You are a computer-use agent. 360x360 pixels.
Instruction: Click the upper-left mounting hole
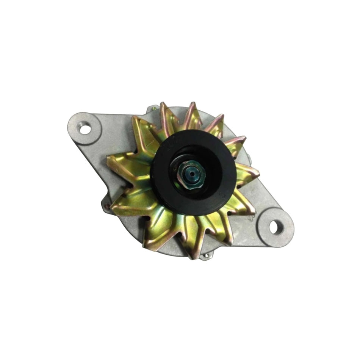click(x=85, y=129)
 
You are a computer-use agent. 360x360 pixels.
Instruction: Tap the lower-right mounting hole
click(x=274, y=227)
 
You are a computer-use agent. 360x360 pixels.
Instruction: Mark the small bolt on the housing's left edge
click(x=107, y=207)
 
